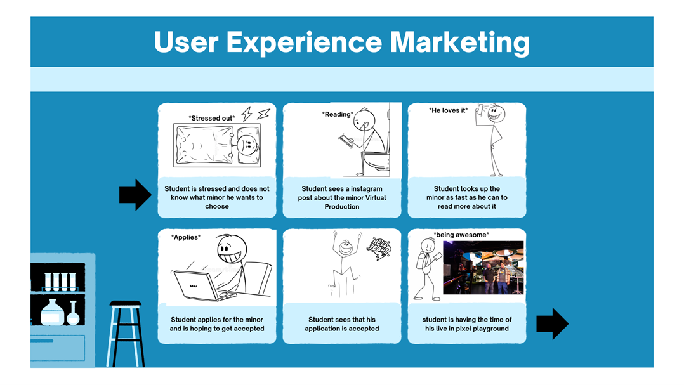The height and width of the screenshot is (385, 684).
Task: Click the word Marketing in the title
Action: [459, 42]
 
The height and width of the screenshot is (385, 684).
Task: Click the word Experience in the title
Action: [304, 42]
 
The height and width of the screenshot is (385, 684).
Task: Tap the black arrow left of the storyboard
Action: [135, 195]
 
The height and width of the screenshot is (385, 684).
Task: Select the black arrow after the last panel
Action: [552, 323]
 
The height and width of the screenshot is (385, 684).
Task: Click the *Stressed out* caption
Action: [211, 118]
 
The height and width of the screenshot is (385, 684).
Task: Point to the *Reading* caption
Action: [338, 114]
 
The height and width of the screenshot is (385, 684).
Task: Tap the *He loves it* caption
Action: [448, 110]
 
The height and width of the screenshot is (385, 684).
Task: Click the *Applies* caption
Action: [186, 237]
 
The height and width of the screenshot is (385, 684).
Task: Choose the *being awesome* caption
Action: [461, 235]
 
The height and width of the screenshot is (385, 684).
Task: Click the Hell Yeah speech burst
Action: [380, 248]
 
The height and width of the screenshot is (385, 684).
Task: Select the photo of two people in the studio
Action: [483, 267]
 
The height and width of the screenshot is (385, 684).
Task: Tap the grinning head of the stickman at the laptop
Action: [232, 250]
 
